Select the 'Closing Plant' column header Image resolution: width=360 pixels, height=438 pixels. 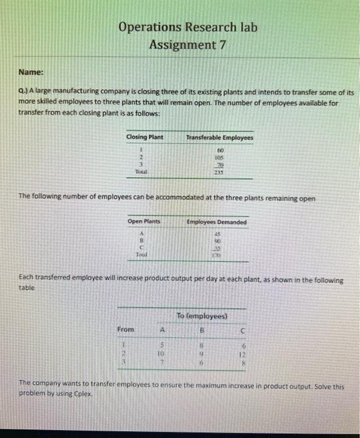pos(145,137)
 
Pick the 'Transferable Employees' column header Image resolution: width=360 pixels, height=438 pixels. pos(219,137)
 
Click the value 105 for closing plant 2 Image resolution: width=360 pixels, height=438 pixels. pos(220,158)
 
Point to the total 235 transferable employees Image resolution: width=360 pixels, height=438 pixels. pos(220,171)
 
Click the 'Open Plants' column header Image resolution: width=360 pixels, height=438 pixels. pos(144,222)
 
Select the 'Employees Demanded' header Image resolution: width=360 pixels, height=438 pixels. pos(217,222)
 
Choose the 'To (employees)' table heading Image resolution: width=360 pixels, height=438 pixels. pos(201,316)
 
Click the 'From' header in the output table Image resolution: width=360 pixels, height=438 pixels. pos(125,329)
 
